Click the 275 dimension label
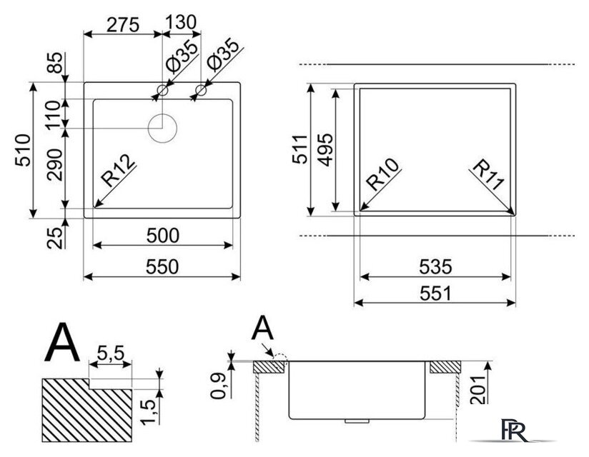[x=123, y=25]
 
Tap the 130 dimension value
[x=181, y=23]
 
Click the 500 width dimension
[x=163, y=236]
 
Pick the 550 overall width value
[x=162, y=267]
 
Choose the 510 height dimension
[x=23, y=150]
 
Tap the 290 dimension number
[x=55, y=165]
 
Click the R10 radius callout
[x=382, y=174]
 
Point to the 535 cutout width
[x=436, y=267]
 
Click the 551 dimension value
[x=436, y=293]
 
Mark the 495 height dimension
[x=325, y=150]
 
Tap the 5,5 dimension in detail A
[x=110, y=353]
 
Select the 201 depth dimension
[x=479, y=390]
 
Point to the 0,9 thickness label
[x=218, y=386]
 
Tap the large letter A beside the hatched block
[x=62, y=343]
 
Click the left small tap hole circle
[x=163, y=90]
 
